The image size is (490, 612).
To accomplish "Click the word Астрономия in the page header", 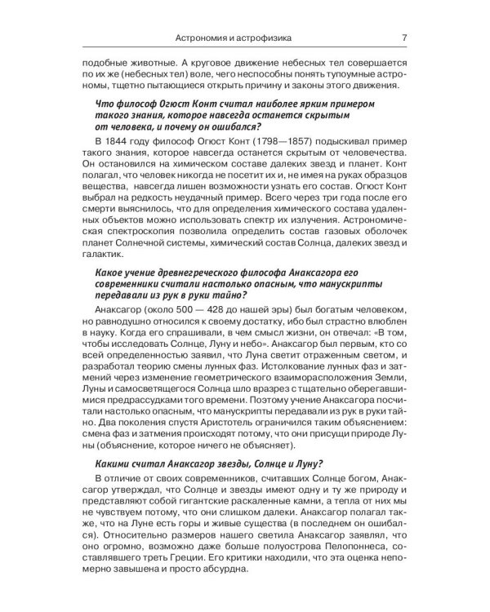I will click(212, 36).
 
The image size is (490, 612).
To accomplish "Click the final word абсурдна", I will click(242, 572).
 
